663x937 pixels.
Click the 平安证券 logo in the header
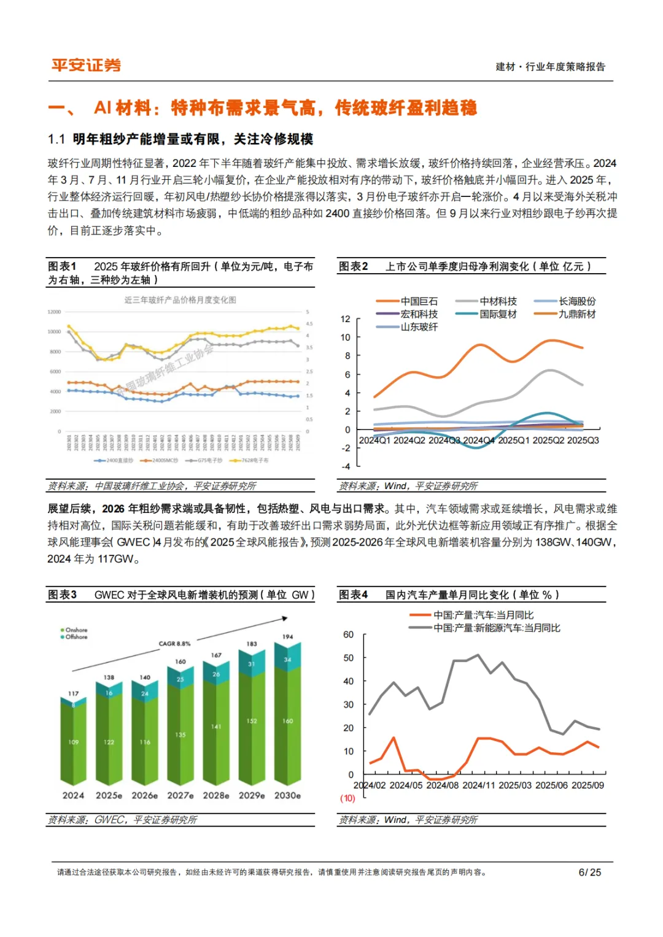[x=86, y=66]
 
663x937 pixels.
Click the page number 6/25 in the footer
[x=589, y=872]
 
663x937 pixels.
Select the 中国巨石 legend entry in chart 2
[x=419, y=301]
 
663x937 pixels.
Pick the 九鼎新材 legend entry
[x=576, y=314]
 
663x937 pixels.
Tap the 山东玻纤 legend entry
[x=419, y=327]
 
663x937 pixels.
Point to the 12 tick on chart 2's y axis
[x=345, y=319]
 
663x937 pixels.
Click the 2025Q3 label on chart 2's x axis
[x=583, y=441]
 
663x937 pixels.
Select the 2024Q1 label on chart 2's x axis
[x=374, y=441]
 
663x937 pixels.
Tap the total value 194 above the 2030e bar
[x=288, y=637]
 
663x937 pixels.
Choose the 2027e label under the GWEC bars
[x=180, y=795]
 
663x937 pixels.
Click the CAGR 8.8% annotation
[x=174, y=644]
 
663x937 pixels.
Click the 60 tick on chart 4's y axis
[x=348, y=634]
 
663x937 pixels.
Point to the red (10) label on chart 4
[x=347, y=798]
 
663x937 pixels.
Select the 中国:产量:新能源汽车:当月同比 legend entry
[x=496, y=628]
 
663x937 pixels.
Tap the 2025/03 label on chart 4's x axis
[x=516, y=785]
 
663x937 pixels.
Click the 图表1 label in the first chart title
[x=62, y=266]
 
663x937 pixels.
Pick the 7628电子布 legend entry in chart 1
[x=254, y=460]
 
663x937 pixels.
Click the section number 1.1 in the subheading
[x=56, y=139]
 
